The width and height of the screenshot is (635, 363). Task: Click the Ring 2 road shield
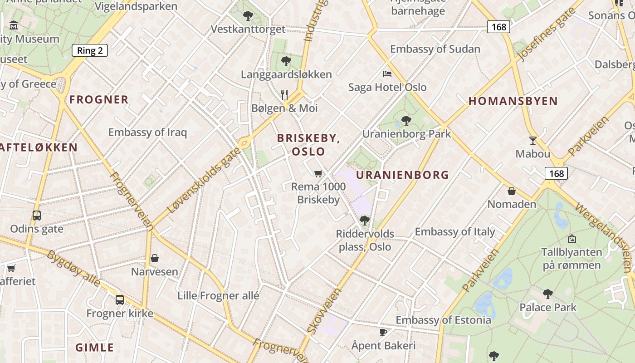(x=89, y=50)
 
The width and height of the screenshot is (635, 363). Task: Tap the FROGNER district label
(x=99, y=100)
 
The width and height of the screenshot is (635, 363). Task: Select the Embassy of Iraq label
(x=147, y=132)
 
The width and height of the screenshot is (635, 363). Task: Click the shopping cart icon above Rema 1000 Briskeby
(x=318, y=173)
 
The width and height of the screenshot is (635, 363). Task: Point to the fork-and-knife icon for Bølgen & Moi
(x=284, y=94)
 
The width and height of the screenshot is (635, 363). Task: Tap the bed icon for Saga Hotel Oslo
(x=387, y=74)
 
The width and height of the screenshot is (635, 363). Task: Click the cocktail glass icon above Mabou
(x=533, y=141)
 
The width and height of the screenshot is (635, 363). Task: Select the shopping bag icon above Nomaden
(x=512, y=191)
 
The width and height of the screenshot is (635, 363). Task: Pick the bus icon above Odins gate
(x=37, y=216)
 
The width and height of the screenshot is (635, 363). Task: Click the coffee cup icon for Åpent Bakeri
(x=383, y=332)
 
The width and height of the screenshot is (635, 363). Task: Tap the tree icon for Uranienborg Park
(x=406, y=120)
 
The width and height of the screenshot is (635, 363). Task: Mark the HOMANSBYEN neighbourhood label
(x=513, y=101)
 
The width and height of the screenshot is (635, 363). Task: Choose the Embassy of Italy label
(x=455, y=232)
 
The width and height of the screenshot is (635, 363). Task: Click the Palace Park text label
(x=548, y=308)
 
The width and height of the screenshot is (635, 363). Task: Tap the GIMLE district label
(x=95, y=348)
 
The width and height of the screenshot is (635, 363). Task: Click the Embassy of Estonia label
(x=443, y=320)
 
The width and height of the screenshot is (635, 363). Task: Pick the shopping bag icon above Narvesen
(x=155, y=258)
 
